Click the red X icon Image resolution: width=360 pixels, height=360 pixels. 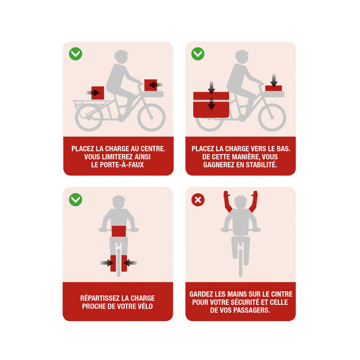[x=198, y=200]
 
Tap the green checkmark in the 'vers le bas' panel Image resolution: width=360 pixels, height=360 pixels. [x=198, y=54]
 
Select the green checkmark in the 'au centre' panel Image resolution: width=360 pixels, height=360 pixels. [x=75, y=54]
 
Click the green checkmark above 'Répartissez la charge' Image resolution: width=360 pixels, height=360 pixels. [x=75, y=200]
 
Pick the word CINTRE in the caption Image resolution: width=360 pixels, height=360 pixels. [x=282, y=294]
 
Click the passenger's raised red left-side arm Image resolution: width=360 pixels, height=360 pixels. [x=228, y=201]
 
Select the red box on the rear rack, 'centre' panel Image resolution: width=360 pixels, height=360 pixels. [x=98, y=93]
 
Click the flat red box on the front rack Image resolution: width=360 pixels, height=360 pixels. [x=273, y=88]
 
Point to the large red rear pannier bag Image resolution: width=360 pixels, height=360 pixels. [x=211, y=105]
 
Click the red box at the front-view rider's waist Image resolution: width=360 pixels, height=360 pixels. [x=119, y=231]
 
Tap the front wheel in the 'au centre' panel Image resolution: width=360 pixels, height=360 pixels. [x=151, y=118]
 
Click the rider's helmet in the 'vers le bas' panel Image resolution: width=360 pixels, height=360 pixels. [x=242, y=56]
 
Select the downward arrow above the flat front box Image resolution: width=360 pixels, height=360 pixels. [x=274, y=80]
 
